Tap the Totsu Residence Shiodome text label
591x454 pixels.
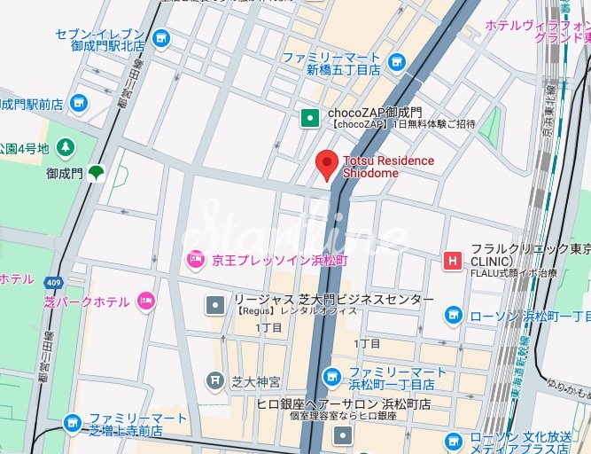388,167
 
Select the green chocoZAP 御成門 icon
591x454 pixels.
309,115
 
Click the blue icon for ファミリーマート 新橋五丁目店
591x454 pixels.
397,62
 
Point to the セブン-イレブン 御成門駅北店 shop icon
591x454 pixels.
160,38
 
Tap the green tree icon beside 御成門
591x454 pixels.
95,173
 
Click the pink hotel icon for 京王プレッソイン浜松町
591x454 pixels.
194,260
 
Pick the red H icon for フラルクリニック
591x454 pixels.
453,261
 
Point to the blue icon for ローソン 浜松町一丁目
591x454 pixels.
454,315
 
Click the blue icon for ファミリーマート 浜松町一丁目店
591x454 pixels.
331,377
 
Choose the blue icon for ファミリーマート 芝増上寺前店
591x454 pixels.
73,423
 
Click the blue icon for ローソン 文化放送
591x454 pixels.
454,441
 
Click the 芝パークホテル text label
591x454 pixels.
86,302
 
